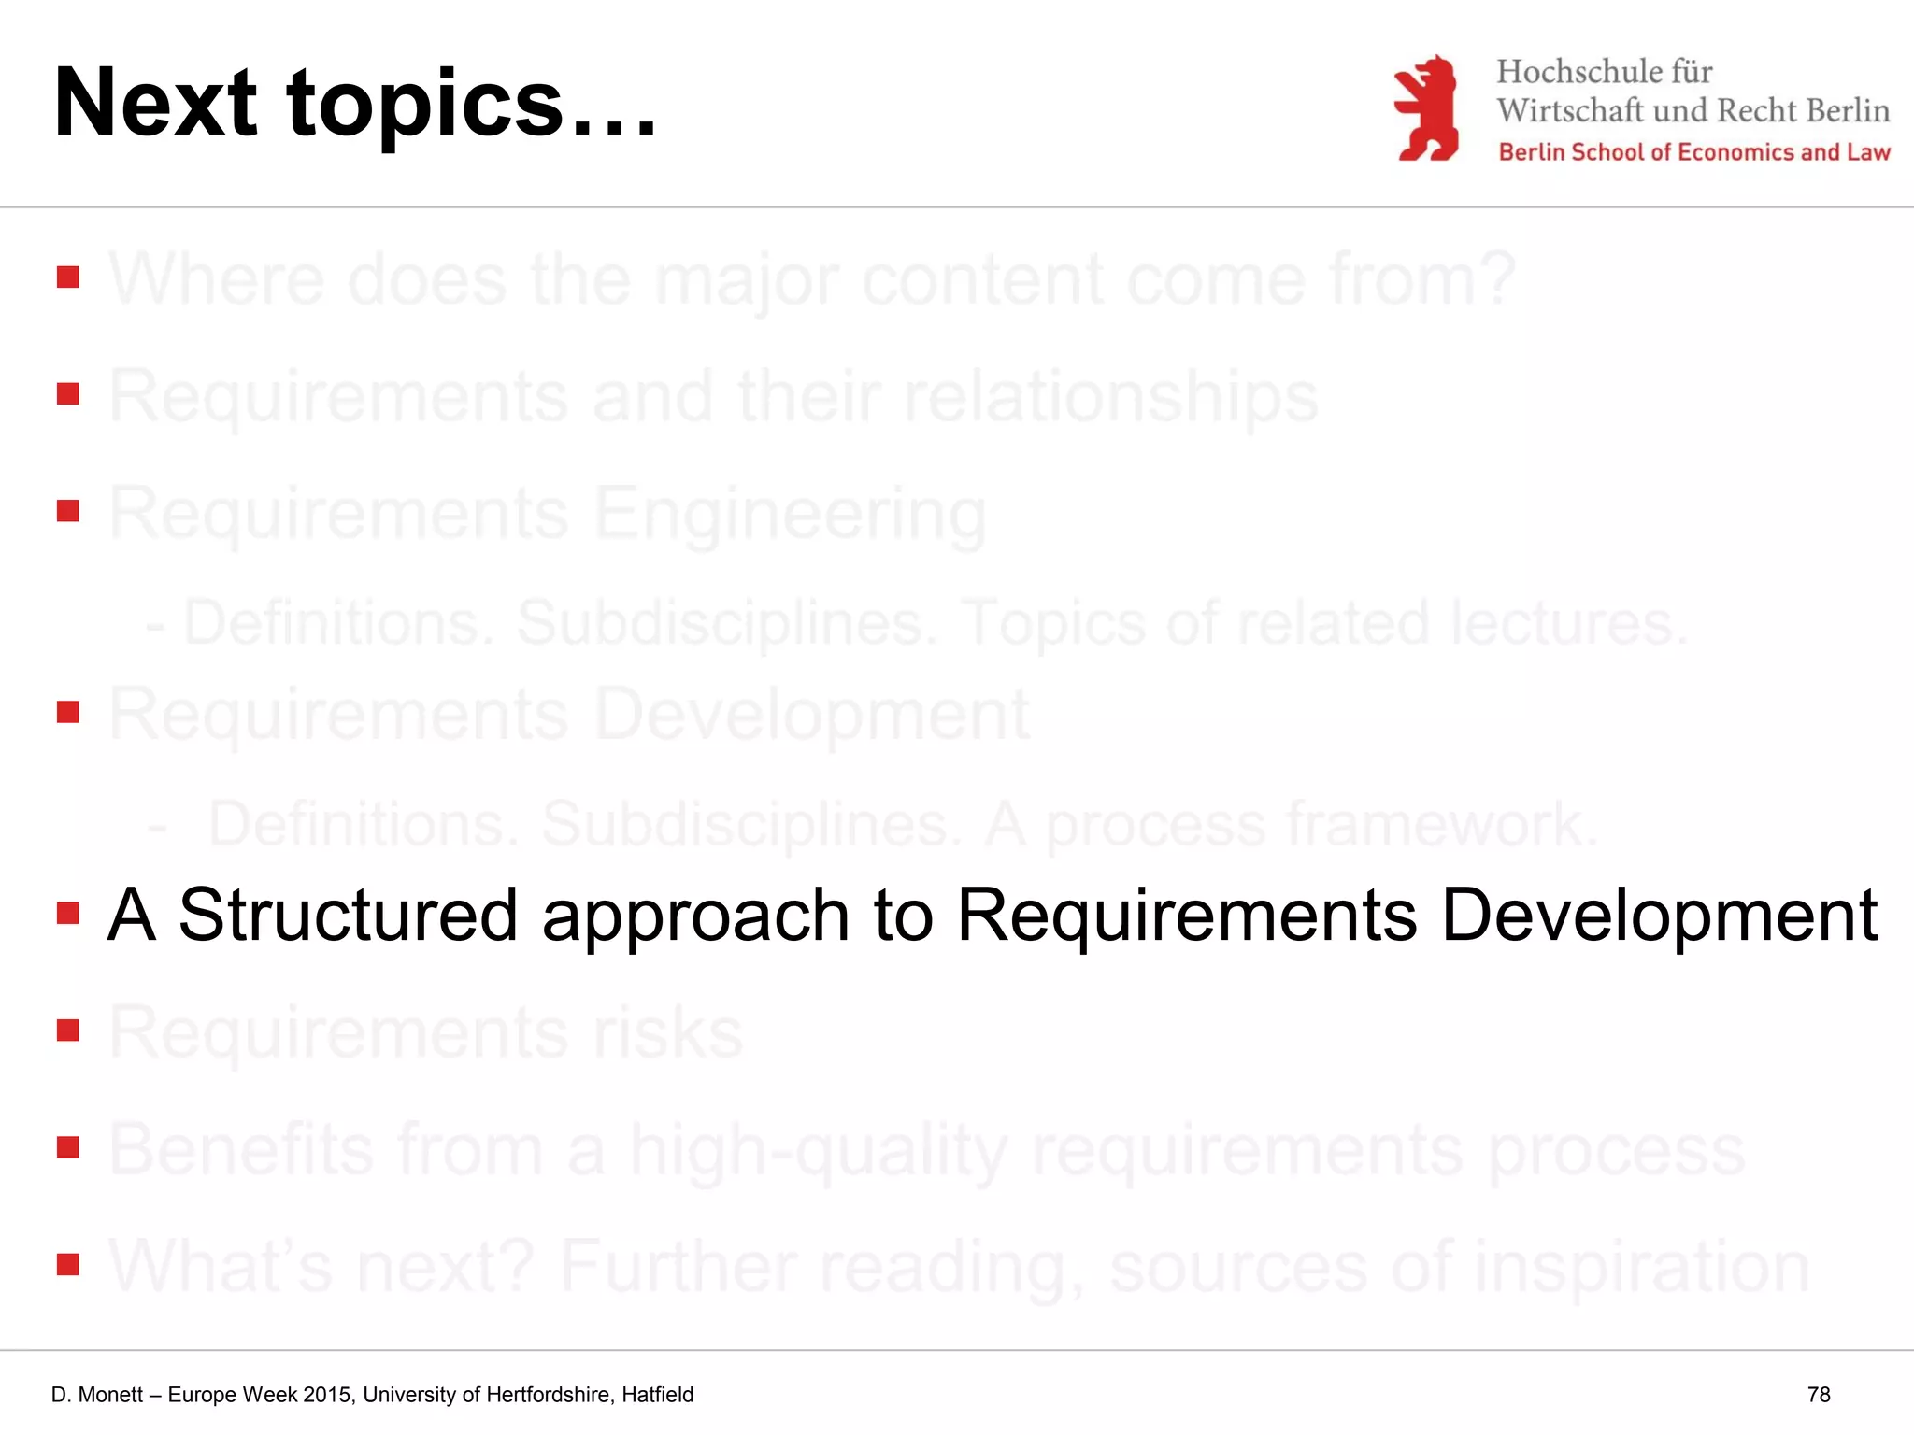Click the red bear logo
1426,108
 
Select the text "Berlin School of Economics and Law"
1693,152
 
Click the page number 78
1819,1394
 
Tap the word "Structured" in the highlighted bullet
348,915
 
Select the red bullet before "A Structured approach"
67,913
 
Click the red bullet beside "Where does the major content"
67,277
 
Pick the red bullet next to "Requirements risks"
67,1030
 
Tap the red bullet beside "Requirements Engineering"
67,511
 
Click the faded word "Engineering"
790,514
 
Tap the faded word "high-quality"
819,1150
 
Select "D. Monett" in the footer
97,1395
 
